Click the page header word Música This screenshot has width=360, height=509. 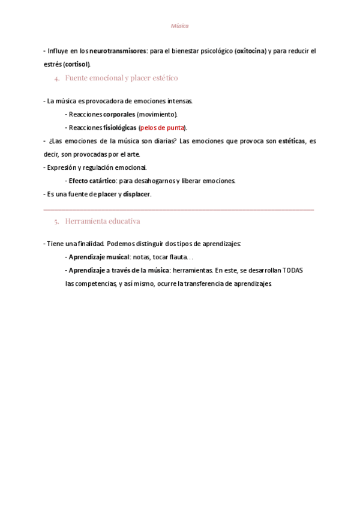tap(179, 26)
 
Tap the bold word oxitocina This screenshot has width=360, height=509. tap(251, 52)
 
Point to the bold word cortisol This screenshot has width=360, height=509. tap(77, 64)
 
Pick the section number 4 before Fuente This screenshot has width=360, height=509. tap(56, 79)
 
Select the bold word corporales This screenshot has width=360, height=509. tap(119, 114)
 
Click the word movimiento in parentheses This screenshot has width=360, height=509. tap(157, 114)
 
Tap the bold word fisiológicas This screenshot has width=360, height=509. tap(120, 128)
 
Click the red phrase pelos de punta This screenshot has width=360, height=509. tap(162, 128)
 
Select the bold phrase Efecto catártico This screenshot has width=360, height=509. tap(92, 181)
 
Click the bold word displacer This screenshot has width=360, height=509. tap(137, 194)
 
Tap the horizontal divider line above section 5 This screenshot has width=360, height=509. tap(179, 209)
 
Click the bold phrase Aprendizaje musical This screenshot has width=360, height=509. tap(99, 257)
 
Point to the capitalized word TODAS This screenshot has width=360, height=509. tap(293, 270)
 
